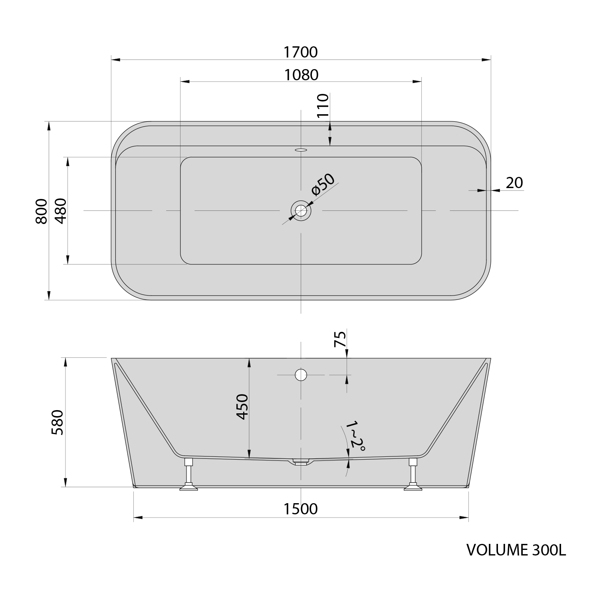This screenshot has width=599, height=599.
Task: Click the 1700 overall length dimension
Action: coord(300,52)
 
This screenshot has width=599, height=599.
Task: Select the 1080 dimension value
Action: coord(301,75)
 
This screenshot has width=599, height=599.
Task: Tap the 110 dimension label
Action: coord(323,105)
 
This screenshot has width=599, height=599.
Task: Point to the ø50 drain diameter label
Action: coord(323,184)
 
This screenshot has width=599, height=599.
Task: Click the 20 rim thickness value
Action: coord(514,182)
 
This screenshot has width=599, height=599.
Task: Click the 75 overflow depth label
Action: coord(340,339)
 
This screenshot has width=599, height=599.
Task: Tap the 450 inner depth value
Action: coord(242,407)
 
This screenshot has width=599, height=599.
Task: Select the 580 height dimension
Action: coord(57,422)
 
